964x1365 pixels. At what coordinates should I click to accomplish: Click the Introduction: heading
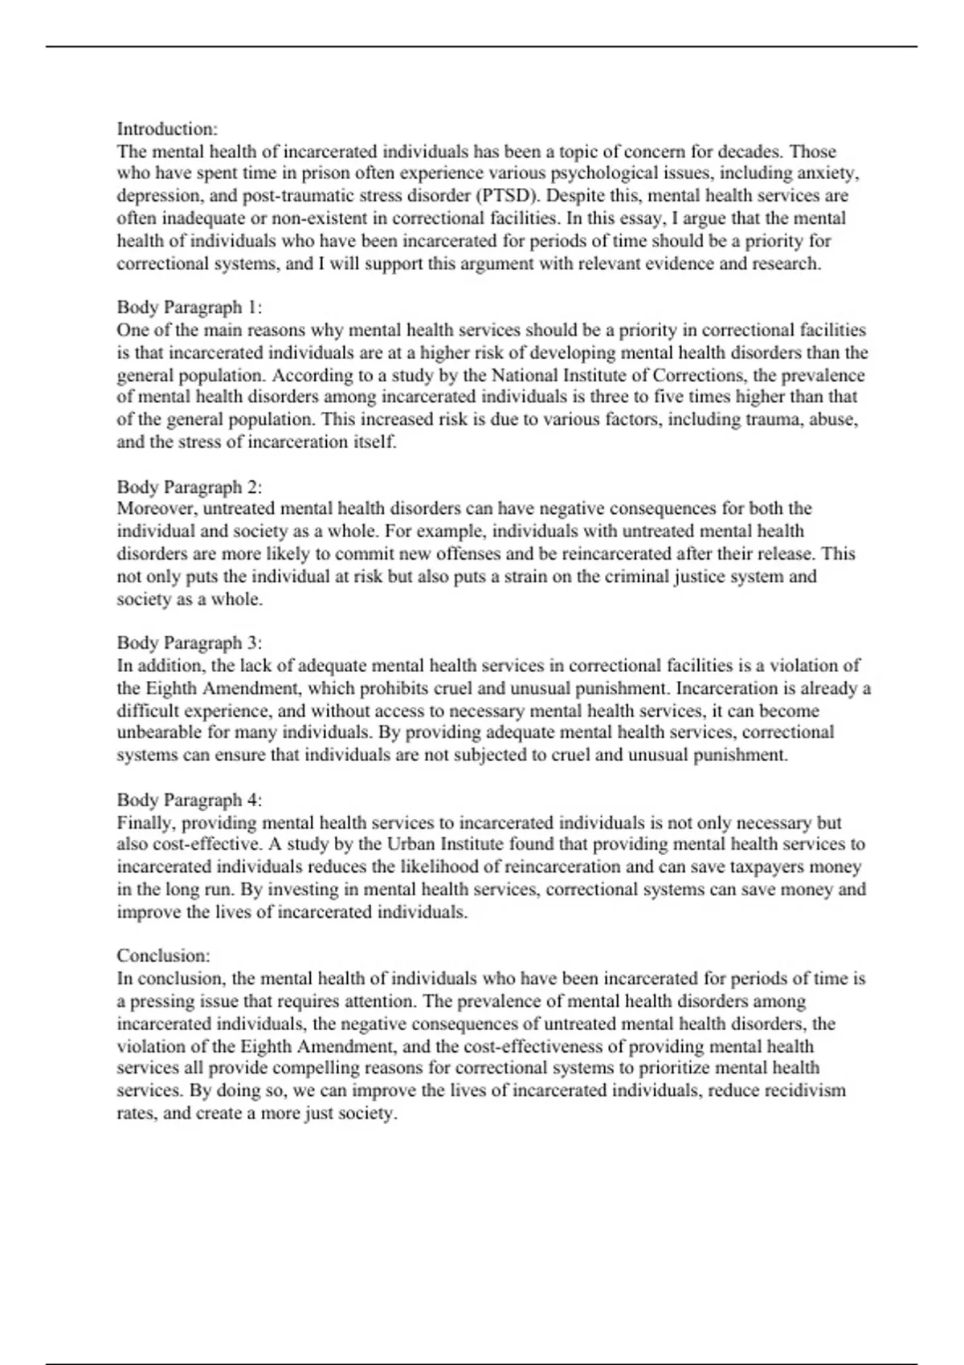coord(167,129)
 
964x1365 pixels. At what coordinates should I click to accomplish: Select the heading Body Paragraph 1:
coord(190,308)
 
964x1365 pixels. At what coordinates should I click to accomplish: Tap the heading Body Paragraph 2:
coord(190,487)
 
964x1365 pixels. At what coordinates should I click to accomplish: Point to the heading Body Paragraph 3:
coord(190,643)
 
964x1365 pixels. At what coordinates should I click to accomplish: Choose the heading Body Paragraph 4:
coord(190,800)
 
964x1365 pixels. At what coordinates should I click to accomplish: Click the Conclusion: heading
coord(163,955)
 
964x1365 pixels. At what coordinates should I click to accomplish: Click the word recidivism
coord(805,1090)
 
